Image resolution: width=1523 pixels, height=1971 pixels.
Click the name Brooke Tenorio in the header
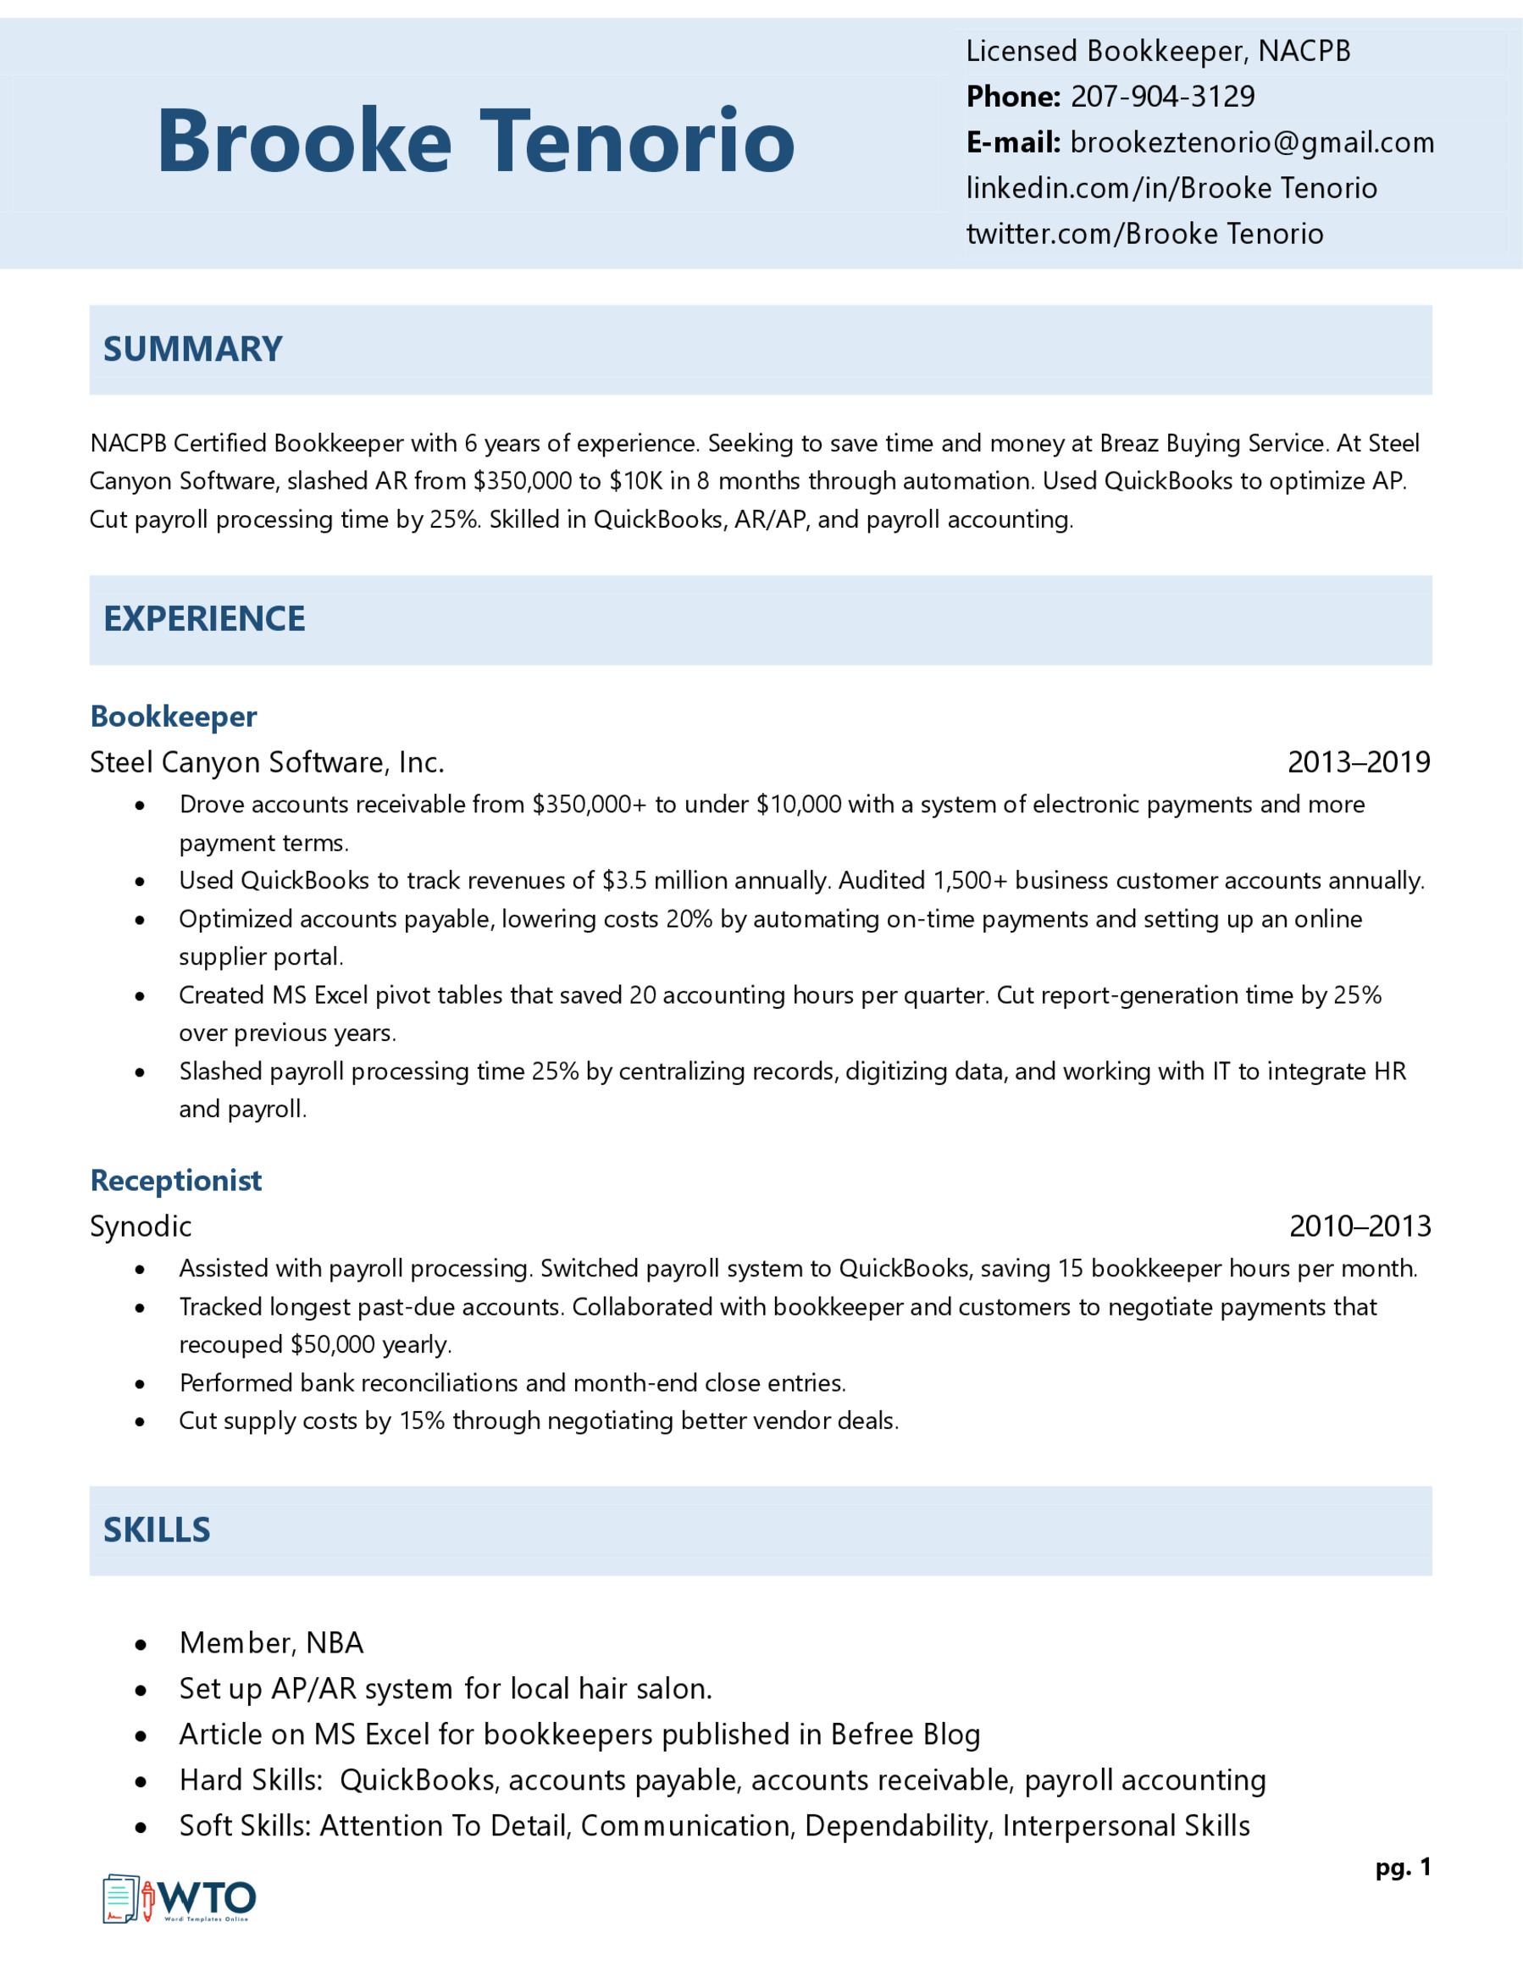pyautogui.click(x=475, y=141)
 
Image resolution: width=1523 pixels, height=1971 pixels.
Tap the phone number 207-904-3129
pyautogui.click(x=1162, y=97)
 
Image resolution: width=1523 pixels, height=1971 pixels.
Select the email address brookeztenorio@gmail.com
pyautogui.click(x=1251, y=142)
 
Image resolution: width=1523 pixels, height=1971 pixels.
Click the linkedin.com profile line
pyautogui.click(x=1171, y=188)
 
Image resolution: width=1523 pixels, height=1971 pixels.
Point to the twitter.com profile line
pyautogui.click(x=1144, y=234)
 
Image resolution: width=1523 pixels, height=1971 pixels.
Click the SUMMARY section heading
pyautogui.click(x=192, y=349)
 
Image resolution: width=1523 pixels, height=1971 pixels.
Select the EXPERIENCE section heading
pyautogui.click(x=204, y=619)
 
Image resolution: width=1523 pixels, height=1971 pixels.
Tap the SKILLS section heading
pyautogui.click(x=156, y=1531)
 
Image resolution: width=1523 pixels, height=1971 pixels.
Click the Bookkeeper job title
pyautogui.click(x=174, y=717)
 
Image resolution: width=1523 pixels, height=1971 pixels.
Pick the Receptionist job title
pyautogui.click(x=176, y=1181)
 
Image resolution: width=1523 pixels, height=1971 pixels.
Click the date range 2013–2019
pyautogui.click(x=1358, y=762)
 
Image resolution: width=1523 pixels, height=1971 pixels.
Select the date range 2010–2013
pyautogui.click(x=1359, y=1226)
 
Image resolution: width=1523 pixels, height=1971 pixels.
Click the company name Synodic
pyautogui.click(x=141, y=1226)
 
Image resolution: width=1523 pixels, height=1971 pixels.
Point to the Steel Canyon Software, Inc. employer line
pyautogui.click(x=267, y=762)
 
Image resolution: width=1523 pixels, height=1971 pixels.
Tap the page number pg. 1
pyautogui.click(x=1402, y=1867)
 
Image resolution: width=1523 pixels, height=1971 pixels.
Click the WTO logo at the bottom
pyautogui.click(x=180, y=1899)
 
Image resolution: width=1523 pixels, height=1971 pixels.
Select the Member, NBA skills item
pyautogui.click(x=271, y=1643)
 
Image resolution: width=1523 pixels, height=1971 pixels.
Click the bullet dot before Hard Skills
pyautogui.click(x=141, y=1782)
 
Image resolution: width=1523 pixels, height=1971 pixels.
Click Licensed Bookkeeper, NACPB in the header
pyautogui.click(x=1158, y=52)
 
